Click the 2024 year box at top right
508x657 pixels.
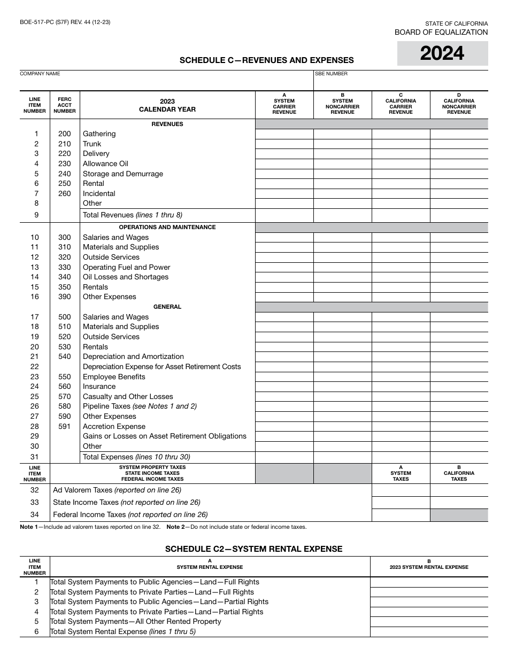coord(442,53)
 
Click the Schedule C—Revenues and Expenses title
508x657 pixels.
coord(266,60)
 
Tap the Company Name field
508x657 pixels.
coord(166,83)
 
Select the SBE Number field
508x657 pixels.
coord(401,83)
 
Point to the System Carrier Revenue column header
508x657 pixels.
coord(284,104)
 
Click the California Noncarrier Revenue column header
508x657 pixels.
coord(459,104)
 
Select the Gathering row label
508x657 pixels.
coord(99,134)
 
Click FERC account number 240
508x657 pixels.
coord(64,174)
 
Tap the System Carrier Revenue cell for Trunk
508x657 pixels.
coord(284,144)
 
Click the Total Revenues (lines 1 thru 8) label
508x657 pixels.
coord(132,215)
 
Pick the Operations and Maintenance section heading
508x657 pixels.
coord(167,228)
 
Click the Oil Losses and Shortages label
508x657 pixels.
coord(125,277)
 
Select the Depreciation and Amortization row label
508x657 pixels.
coord(133,357)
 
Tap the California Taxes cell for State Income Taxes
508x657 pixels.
coord(459,503)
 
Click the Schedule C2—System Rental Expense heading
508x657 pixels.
coord(253,549)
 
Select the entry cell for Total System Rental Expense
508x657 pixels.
coord(429,632)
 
